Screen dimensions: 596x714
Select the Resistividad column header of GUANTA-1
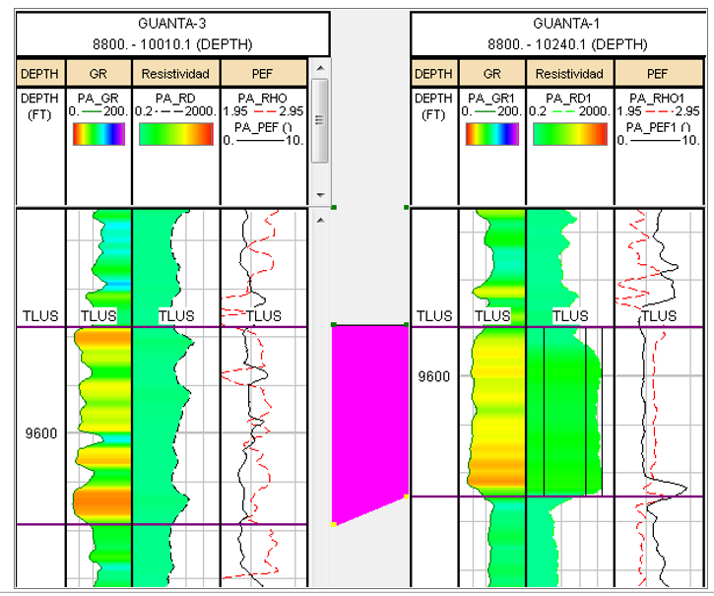pos(570,74)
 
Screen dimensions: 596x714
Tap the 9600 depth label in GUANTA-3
pos(41,433)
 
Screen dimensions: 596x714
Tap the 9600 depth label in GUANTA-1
pos(433,376)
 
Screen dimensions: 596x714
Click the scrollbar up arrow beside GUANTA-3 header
pos(319,67)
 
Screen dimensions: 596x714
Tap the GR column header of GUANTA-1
pos(491,74)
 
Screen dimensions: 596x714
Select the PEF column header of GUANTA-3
pos(263,74)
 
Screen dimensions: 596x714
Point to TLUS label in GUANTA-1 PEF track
pos(659,316)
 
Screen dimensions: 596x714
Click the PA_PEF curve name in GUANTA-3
pos(258,126)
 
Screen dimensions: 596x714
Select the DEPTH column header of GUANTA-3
pos(41,74)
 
